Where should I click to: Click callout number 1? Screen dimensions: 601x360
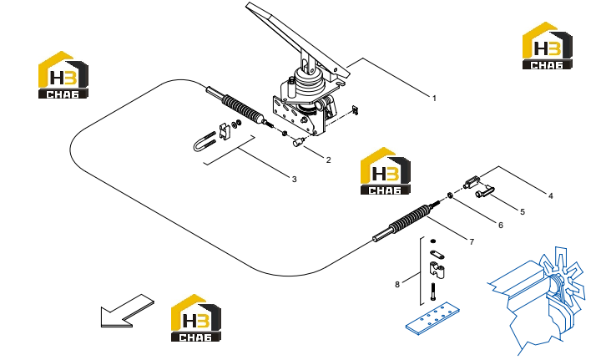coord(434,99)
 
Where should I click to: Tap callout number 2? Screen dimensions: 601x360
coord(329,160)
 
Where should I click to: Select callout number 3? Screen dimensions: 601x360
coord(295,180)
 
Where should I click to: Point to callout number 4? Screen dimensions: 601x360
coord(551,196)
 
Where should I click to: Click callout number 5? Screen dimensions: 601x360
coord(523,212)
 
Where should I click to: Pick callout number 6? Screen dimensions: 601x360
coord(501,226)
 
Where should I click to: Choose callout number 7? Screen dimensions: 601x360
coord(472,242)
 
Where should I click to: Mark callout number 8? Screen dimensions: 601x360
coord(397,285)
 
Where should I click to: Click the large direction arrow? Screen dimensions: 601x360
coord(127,311)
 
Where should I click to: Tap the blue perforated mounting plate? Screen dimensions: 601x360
coord(432,318)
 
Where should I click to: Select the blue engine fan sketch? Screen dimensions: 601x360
coord(537,299)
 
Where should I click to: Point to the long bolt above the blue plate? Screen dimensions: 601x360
coord(433,292)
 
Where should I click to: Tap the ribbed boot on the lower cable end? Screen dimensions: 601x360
coord(409,218)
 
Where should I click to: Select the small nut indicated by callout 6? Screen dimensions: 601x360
coord(451,196)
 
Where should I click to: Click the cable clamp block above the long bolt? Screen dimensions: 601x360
coord(437,270)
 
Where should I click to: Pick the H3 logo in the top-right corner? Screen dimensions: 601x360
coord(548,46)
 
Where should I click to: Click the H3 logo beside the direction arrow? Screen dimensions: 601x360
coord(196,318)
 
